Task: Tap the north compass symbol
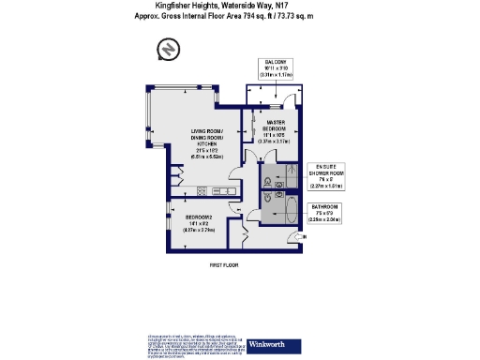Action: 168,48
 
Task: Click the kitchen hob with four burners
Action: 201,191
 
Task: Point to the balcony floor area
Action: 275,95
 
